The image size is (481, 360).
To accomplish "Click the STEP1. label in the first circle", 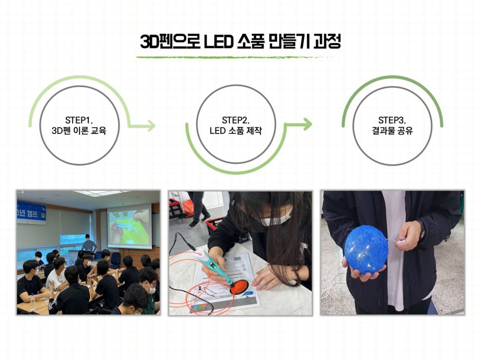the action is pos(79,120).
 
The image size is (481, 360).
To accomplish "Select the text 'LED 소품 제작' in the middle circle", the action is pos(235,131).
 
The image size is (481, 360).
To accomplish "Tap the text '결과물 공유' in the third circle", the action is pos(392,131).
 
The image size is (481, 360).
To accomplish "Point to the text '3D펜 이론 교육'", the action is pos(79,131).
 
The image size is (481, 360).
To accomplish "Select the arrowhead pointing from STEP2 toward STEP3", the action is pos(307,124).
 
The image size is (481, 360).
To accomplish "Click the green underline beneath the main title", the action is pos(238,57).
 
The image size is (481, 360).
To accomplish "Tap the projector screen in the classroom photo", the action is pos(129,226).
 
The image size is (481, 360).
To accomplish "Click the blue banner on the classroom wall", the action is pos(31,212).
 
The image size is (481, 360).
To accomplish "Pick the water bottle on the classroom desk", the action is pos(32,302).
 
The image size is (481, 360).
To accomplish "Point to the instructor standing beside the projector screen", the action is pos(89,243).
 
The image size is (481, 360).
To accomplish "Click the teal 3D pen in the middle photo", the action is pos(216,266).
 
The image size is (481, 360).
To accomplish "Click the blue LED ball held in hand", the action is pos(366,250).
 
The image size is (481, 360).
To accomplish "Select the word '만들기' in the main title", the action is pos(288,41).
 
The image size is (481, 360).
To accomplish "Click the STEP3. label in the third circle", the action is pos(392,120).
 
